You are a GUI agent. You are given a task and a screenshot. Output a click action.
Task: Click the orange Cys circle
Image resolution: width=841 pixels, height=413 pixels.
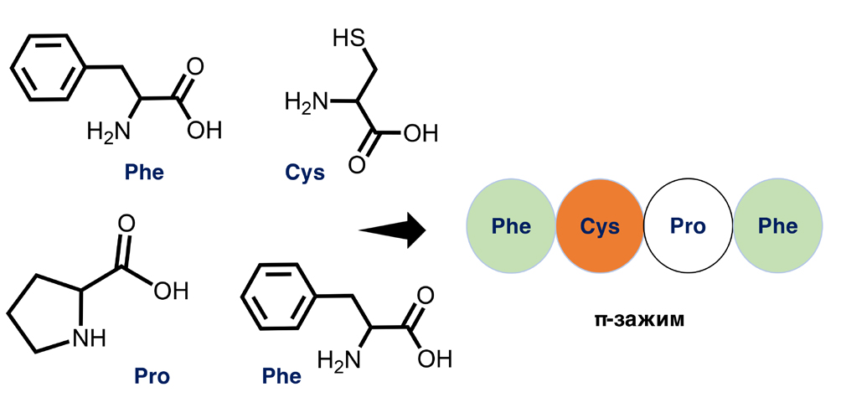pos(599,226)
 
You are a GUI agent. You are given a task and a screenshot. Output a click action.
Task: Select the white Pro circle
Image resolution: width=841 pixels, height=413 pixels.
pos(688,226)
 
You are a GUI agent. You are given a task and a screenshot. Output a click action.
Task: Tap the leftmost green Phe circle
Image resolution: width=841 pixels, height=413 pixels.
pos(510,226)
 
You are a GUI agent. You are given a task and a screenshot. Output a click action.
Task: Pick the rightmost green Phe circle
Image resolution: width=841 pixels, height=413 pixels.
pos(777,226)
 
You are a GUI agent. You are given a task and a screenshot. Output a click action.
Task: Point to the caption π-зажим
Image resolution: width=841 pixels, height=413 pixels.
pos(642,318)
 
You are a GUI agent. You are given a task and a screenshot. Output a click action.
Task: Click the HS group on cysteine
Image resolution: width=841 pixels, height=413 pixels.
pos(348,39)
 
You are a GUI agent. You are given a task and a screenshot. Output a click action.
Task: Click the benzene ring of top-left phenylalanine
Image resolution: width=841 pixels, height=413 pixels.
pos(47,66)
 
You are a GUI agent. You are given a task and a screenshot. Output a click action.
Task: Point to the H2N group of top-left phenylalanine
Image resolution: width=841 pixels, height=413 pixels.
pos(108,132)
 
